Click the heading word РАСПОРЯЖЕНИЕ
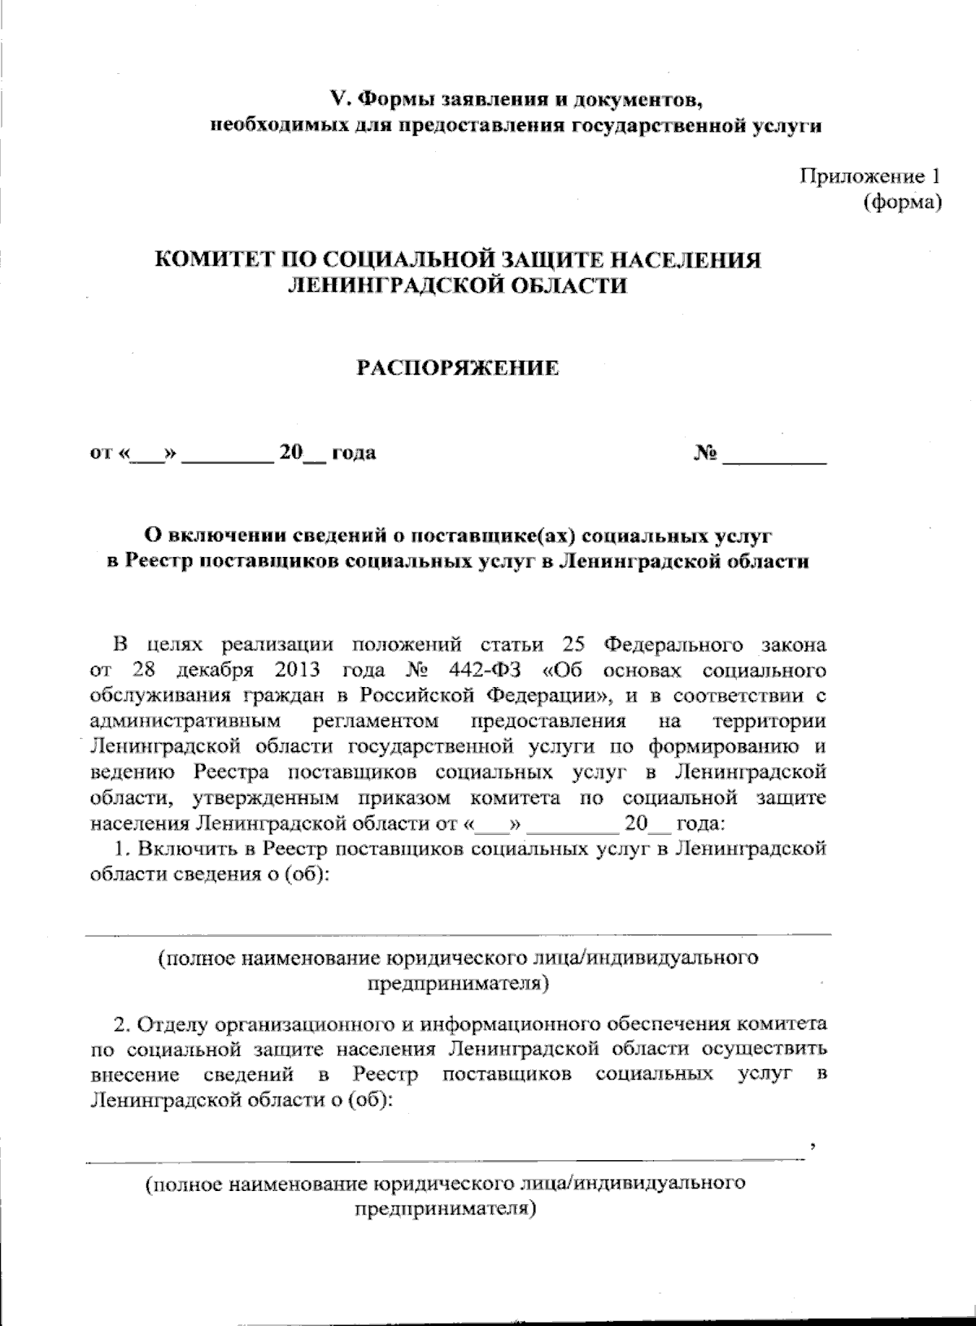click(459, 368)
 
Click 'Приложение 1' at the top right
click(870, 176)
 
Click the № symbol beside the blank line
click(705, 453)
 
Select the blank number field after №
click(774, 457)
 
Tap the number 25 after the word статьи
click(575, 645)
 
